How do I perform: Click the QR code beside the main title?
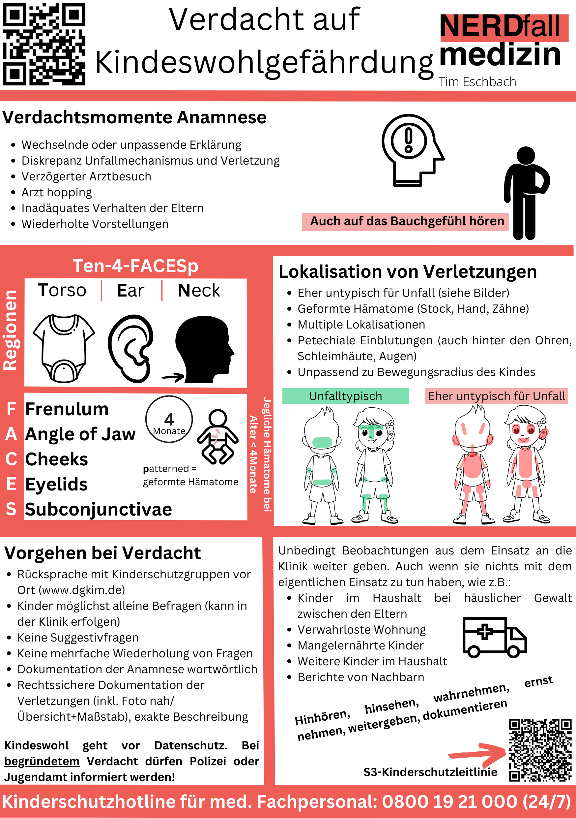point(44,44)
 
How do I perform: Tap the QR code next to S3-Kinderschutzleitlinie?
point(540,750)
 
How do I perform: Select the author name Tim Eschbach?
point(477,82)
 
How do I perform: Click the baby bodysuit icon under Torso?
point(64,348)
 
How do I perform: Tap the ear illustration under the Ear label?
point(130,348)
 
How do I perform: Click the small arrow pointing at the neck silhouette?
point(173,377)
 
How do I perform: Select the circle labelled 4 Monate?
point(169,419)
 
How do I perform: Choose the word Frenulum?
point(67,409)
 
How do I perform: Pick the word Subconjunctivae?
point(99,509)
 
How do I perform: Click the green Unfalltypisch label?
point(345,396)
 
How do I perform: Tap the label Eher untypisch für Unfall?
point(496,396)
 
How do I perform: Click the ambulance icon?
point(494,637)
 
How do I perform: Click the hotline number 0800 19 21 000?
point(449,802)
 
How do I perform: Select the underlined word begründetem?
point(42,761)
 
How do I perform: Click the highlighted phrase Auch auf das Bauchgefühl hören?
point(407,221)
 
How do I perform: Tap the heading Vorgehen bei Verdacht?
point(102,553)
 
